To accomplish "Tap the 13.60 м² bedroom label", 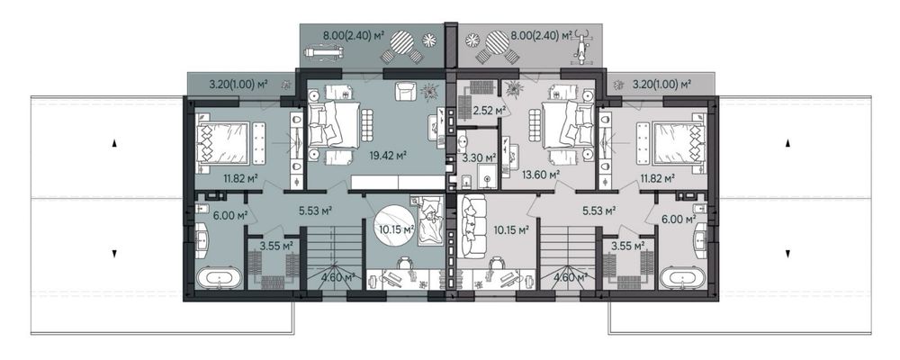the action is [541, 175].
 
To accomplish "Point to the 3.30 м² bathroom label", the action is [481, 157].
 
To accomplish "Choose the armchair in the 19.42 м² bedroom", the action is [406, 91].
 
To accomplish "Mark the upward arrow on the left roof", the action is [114, 143].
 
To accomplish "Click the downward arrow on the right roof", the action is [787, 253].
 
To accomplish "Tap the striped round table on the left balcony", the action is [401, 41].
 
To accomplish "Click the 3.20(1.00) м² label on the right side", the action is [661, 85].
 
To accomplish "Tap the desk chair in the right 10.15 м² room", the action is [495, 264].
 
